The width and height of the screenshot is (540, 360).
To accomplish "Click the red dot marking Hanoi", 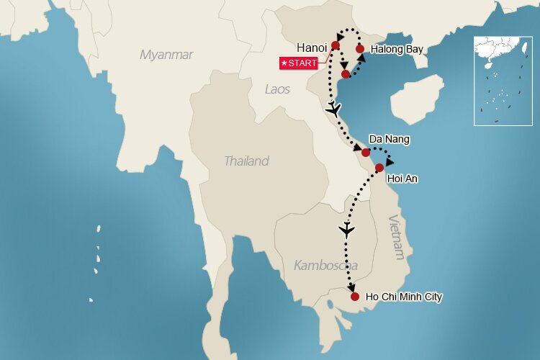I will coord(336,45).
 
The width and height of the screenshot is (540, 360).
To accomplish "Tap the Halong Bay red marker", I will coord(360,49).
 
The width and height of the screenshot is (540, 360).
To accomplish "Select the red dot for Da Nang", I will coord(366,153).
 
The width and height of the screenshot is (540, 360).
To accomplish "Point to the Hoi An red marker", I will coord(379,168).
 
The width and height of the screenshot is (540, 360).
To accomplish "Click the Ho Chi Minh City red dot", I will coord(354,296).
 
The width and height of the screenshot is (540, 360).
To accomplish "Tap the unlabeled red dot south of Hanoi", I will coord(346,74).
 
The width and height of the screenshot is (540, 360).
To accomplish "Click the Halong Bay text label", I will coord(396,50).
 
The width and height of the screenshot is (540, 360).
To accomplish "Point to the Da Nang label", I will coord(389,138).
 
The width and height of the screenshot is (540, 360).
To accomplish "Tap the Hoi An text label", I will coord(402,178).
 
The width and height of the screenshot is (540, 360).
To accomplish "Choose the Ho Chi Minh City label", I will coord(404,297).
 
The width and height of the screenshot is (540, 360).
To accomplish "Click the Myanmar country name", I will coord(166,55).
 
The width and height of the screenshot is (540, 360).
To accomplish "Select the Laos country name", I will coord(277,89).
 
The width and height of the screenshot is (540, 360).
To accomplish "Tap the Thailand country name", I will coord(246,161).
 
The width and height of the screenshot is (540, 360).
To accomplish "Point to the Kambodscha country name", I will coord(326,265).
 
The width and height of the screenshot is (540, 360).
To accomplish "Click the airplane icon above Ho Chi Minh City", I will coord(347,230).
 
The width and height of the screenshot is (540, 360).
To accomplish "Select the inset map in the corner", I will coord(503,81).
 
